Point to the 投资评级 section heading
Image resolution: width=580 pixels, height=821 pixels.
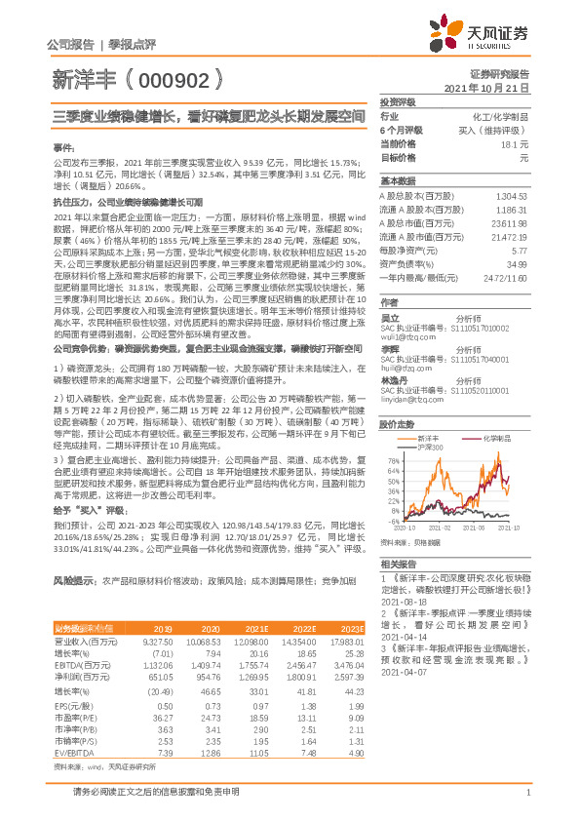point(399,101)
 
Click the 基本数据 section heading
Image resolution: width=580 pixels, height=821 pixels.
point(397,182)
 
